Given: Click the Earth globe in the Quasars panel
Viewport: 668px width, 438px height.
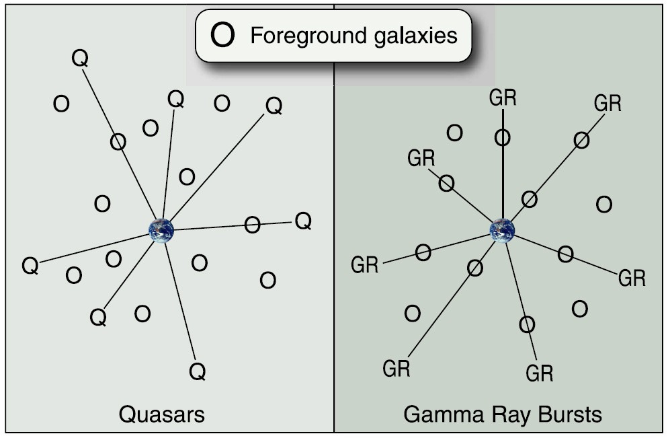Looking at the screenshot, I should click(x=161, y=230).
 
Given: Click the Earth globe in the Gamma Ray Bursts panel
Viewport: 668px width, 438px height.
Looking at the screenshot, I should click(x=502, y=230).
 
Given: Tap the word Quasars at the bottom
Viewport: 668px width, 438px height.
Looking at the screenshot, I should click(x=161, y=414).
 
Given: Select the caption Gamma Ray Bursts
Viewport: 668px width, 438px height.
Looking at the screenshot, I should click(x=502, y=414).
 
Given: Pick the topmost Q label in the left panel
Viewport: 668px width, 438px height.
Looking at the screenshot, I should click(x=79, y=59).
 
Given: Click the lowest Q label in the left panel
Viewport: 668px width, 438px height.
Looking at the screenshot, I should click(x=196, y=371).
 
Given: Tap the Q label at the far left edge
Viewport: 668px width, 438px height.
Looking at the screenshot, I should click(x=30, y=266).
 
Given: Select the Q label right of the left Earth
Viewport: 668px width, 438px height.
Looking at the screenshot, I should click(x=303, y=221).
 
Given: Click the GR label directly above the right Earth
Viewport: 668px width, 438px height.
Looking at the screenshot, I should click(x=503, y=98).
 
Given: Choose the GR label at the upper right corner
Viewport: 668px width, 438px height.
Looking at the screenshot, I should click(x=608, y=103).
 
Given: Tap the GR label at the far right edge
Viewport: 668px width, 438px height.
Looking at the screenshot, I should click(x=632, y=277).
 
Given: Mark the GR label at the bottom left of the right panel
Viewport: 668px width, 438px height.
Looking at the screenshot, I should click(x=396, y=368).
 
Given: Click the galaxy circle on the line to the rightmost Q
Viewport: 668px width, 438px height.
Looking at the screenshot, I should click(x=252, y=225).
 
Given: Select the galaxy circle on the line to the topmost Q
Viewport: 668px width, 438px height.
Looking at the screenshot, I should click(x=118, y=141).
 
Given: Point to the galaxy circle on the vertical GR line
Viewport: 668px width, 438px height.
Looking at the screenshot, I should click(x=503, y=138).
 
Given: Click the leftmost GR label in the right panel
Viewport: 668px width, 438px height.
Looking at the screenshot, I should click(x=365, y=265).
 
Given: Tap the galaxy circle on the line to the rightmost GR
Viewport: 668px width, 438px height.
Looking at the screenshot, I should click(x=565, y=254).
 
